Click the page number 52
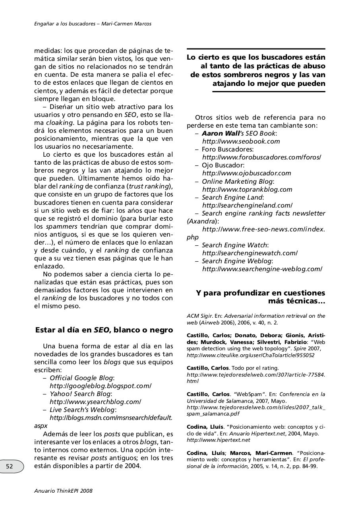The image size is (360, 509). pos(10,466)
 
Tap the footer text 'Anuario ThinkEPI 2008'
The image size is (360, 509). pos(63,491)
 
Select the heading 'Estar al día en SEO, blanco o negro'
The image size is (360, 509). pos(104,330)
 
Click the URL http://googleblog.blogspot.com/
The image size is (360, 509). pos(100,386)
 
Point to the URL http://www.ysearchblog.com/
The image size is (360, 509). pos(95,402)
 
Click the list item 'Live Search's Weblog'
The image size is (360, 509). pos(83,410)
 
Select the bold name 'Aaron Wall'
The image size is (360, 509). pos(223,133)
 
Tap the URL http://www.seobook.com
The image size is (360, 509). pos(241,141)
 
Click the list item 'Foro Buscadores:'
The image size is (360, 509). pos(227,149)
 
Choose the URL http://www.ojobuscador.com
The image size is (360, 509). pos(246,173)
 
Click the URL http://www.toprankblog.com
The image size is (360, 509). pos(247,189)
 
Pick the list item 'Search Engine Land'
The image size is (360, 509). pos(232,197)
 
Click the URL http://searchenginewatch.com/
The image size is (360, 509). pos(250,253)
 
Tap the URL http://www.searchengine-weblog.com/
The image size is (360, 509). pos(262,269)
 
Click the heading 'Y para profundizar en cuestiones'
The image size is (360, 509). pos(260,293)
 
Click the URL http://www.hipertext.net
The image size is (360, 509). pos(218,440)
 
